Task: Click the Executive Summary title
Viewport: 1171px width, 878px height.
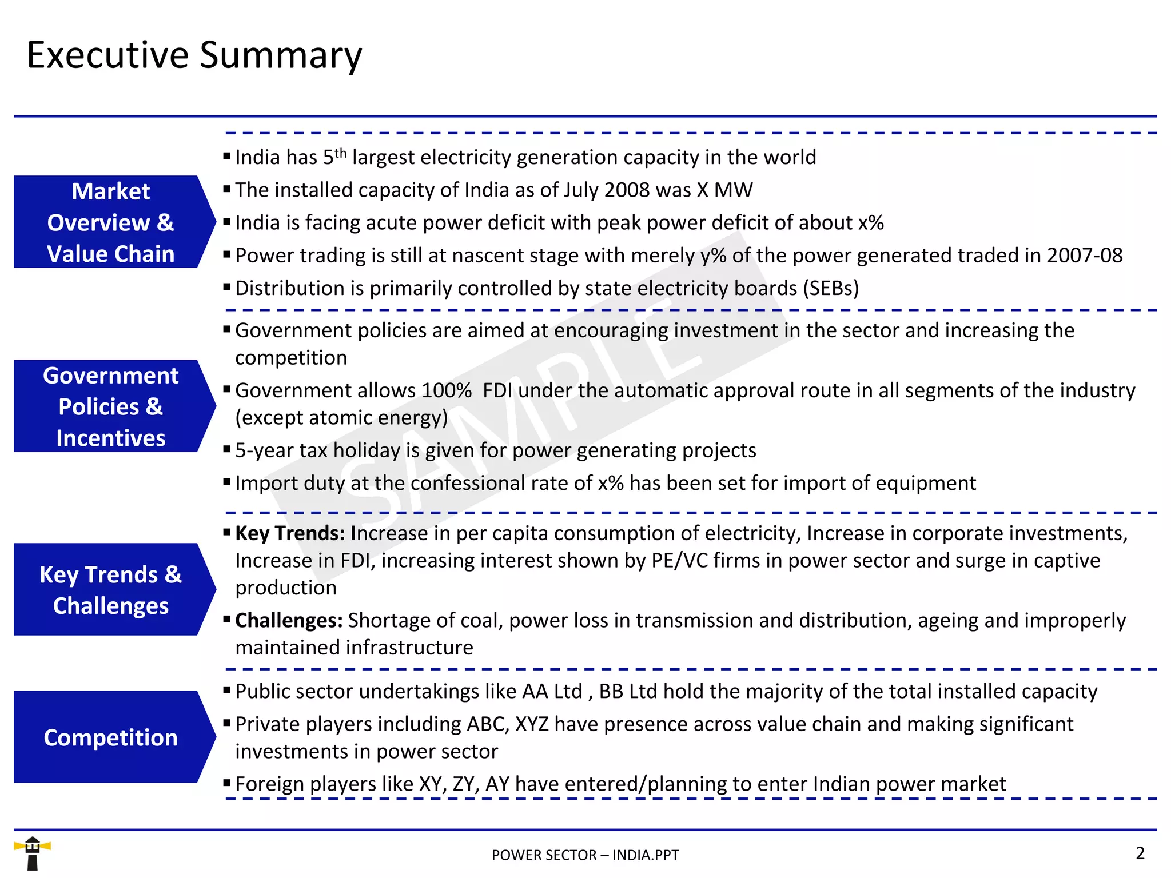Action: click(194, 55)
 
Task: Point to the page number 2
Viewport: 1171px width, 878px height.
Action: click(1140, 853)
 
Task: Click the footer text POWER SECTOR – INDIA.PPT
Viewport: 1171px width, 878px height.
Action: click(585, 855)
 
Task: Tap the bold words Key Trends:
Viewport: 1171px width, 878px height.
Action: click(290, 533)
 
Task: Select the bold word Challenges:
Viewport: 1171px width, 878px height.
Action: click(289, 621)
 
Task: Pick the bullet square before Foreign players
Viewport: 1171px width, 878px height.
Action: click(227, 783)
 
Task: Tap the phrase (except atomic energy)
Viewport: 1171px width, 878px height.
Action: click(341, 418)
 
